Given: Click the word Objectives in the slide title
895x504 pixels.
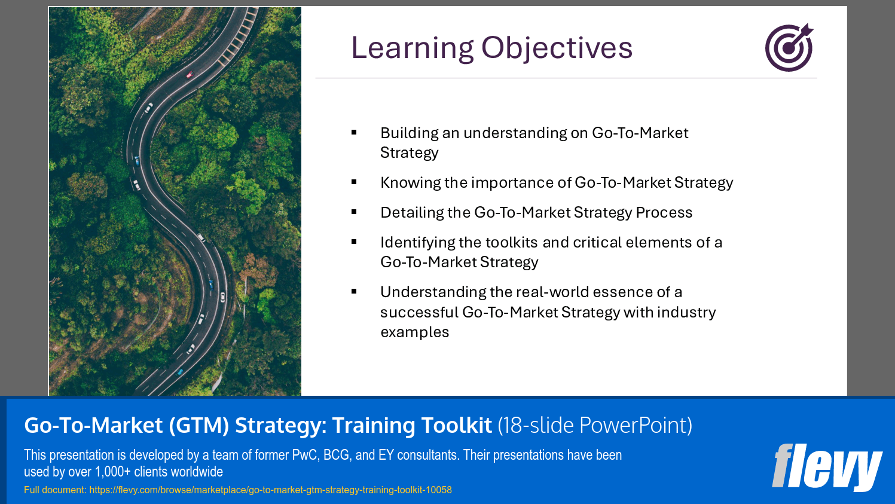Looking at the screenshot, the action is click(x=557, y=48).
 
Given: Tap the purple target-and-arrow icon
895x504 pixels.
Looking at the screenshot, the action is click(x=789, y=48).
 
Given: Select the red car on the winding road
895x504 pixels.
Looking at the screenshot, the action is click(x=190, y=74).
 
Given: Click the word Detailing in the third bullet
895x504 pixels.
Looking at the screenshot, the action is click(x=412, y=213).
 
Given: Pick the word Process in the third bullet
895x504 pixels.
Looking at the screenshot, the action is click(x=664, y=213).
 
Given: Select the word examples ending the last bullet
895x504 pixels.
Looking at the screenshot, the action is click(x=415, y=332).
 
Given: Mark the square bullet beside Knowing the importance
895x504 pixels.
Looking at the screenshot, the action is click(x=354, y=182).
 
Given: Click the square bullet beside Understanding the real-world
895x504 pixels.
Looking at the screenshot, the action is click(x=354, y=292).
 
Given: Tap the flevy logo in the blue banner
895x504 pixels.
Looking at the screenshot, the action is click(x=827, y=467).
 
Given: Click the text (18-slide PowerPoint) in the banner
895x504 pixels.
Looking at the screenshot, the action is click(x=595, y=425).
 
